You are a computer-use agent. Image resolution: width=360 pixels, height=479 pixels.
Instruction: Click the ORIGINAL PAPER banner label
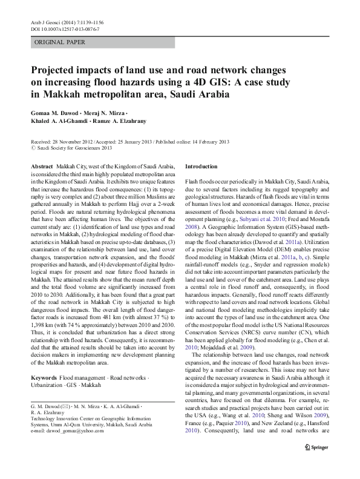click(60, 42)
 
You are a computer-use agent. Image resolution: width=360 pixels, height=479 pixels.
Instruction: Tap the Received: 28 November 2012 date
click(62, 141)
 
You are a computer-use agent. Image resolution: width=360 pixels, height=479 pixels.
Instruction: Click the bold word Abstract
click(41, 166)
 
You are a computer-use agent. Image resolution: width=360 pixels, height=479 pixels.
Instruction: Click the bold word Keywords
click(44, 377)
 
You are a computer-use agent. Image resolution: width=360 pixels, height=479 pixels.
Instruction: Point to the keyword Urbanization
click(48, 385)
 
